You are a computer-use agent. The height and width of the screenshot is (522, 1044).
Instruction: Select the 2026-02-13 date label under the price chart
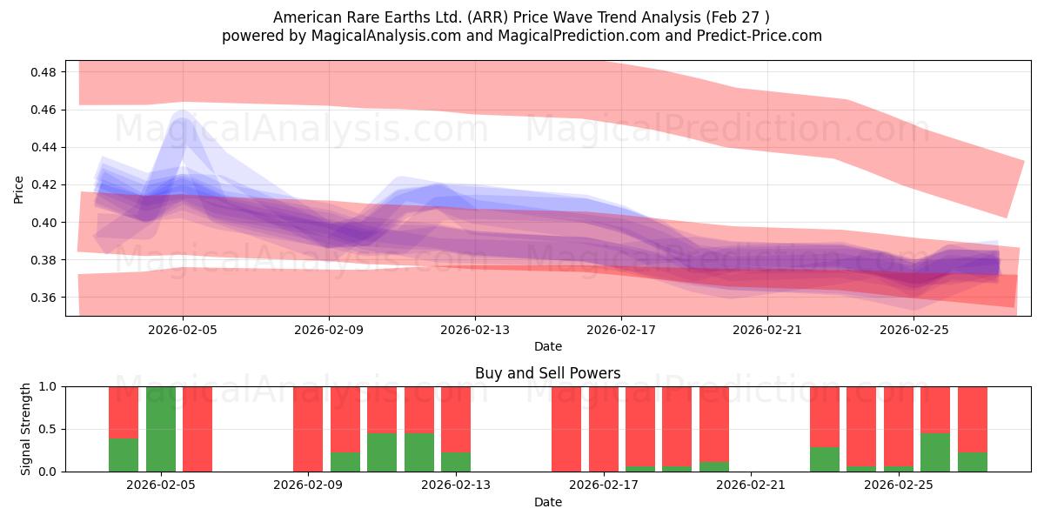tap(475, 330)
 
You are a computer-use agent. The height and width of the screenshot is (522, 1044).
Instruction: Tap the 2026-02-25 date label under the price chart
tap(913, 330)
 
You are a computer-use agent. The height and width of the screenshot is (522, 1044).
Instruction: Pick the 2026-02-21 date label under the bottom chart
tap(750, 485)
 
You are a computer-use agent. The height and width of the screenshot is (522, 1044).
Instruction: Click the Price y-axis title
tap(19, 188)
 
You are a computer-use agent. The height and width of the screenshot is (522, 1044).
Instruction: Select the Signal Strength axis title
tap(26, 429)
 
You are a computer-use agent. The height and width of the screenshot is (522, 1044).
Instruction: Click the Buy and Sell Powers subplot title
tap(547, 373)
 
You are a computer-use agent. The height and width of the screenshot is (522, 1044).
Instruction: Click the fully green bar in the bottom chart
tap(161, 429)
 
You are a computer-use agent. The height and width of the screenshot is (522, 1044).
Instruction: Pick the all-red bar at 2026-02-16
tap(566, 429)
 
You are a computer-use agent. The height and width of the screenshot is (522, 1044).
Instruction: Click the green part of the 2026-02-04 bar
tap(124, 455)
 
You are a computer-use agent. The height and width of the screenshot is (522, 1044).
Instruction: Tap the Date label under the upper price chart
tap(547, 346)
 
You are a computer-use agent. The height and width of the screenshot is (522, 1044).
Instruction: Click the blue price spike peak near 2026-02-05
tap(183, 113)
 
